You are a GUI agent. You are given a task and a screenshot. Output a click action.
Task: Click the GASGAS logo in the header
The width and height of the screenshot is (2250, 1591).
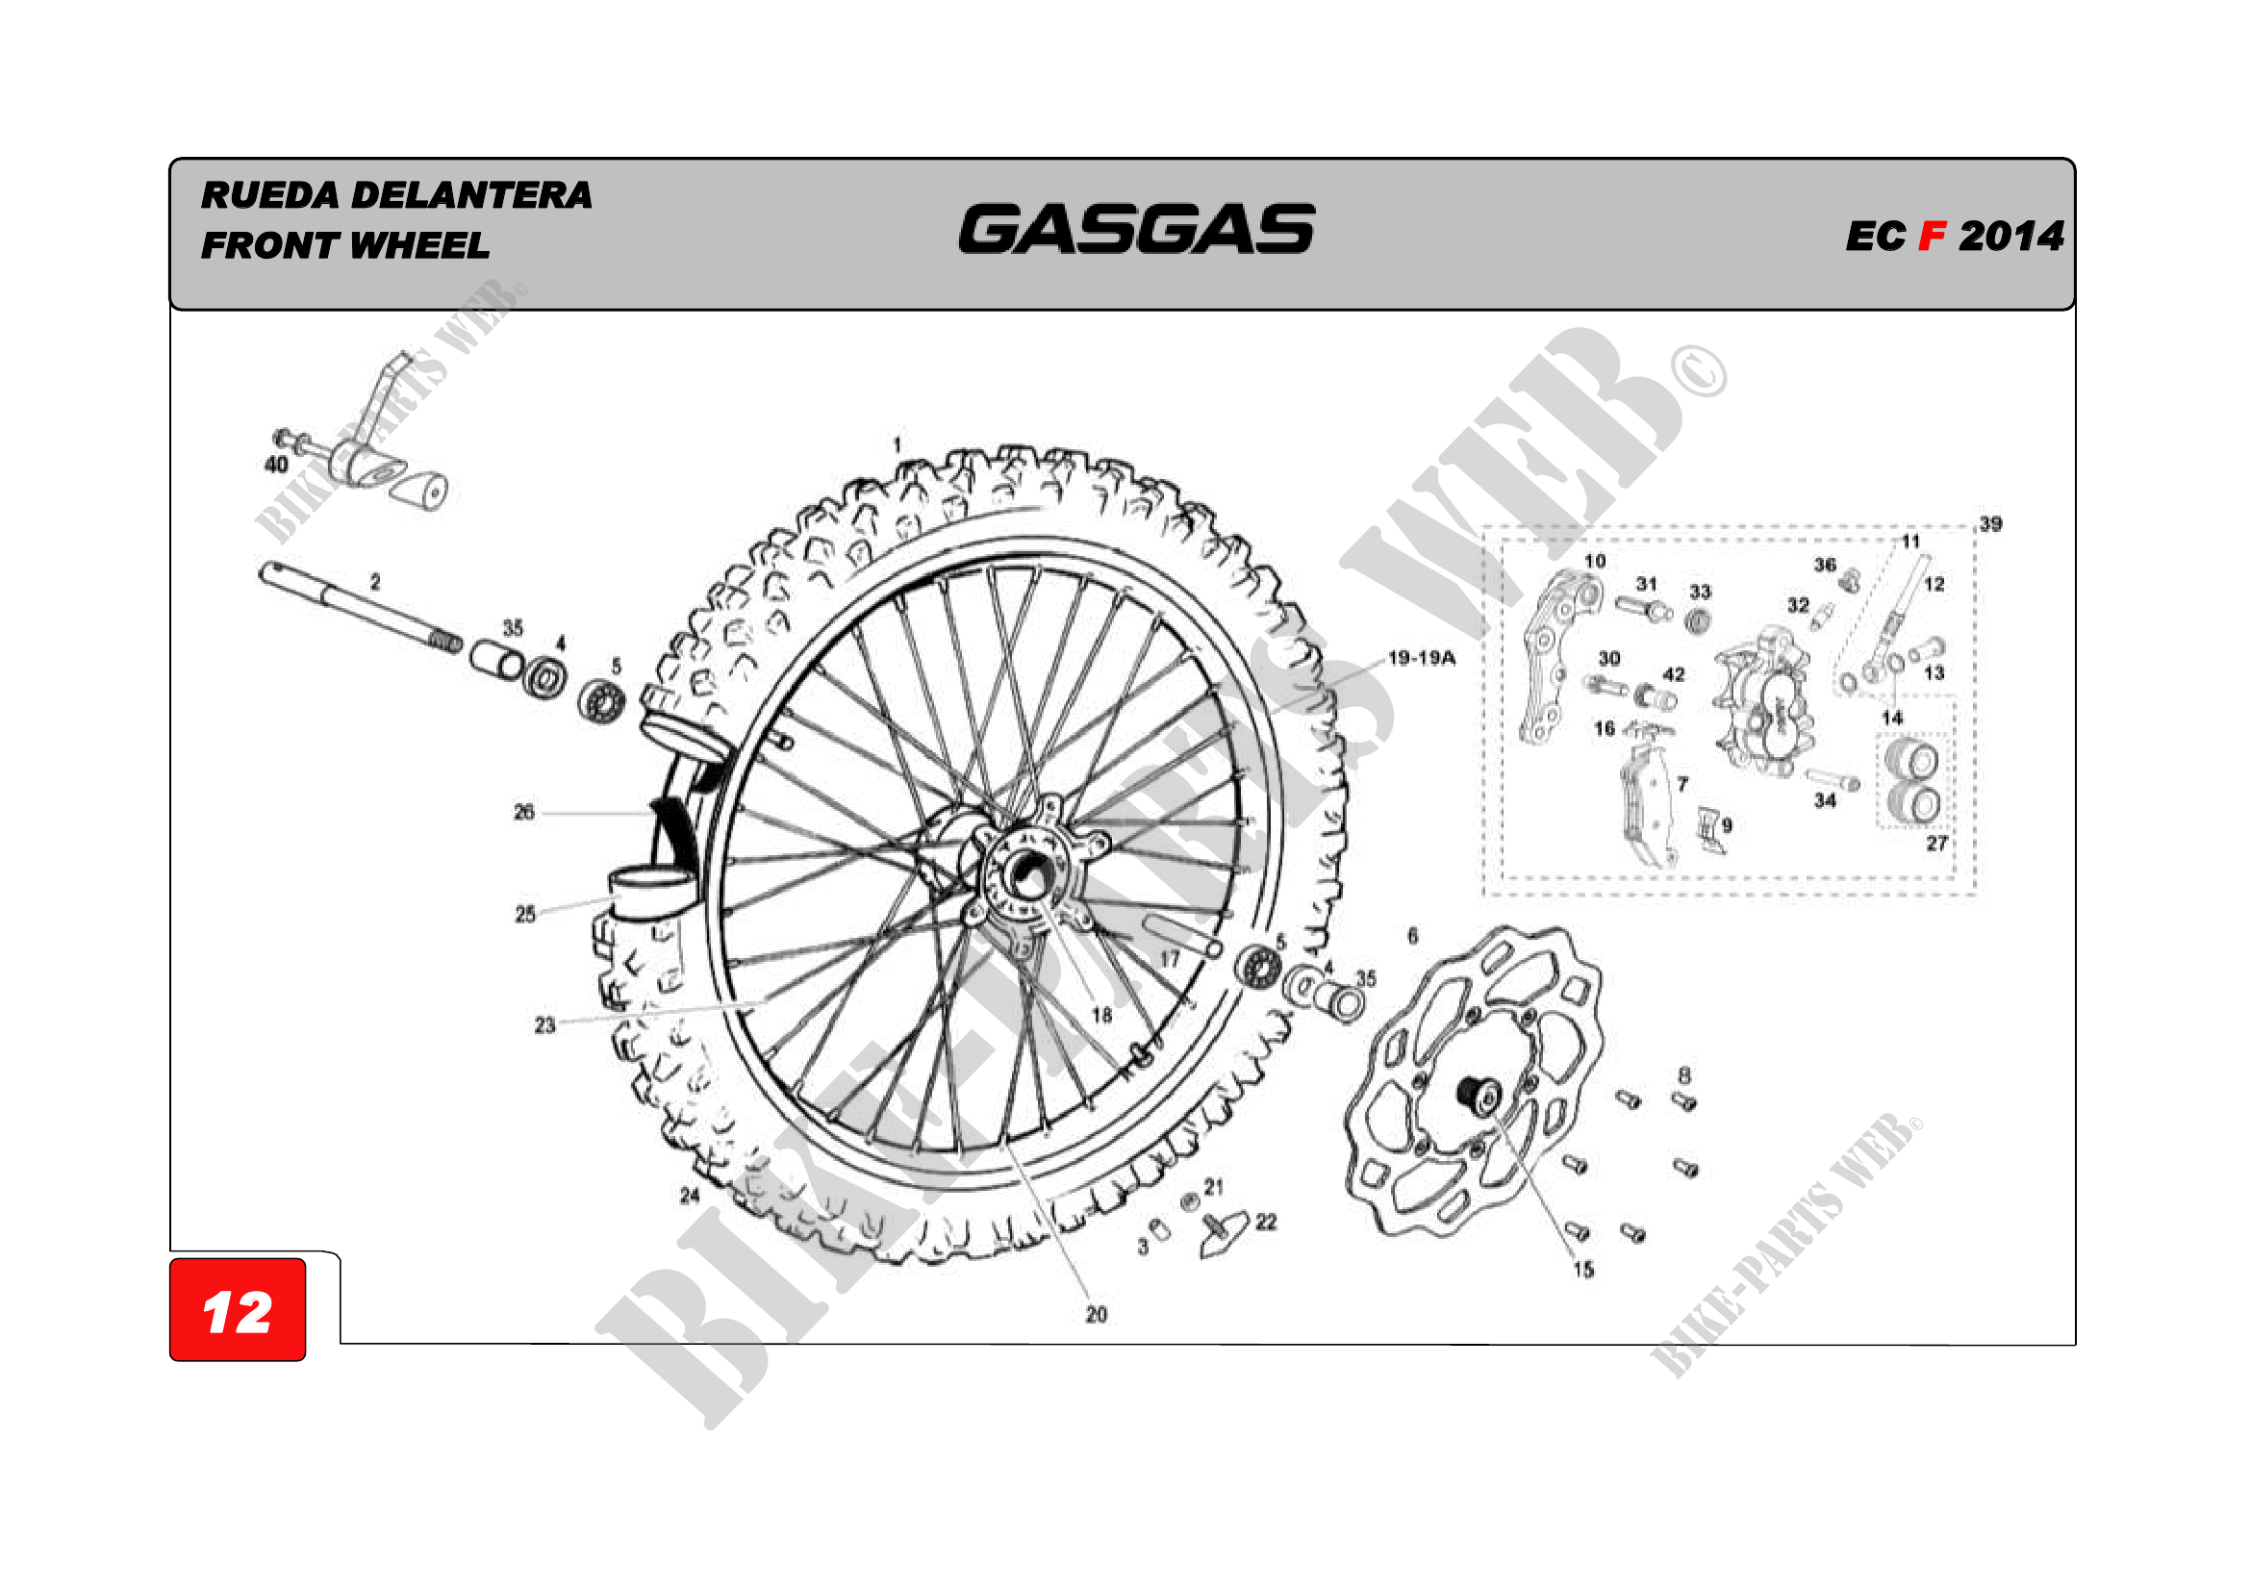click(1136, 229)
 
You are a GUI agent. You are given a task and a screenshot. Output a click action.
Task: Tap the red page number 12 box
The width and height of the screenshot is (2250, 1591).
click(238, 1311)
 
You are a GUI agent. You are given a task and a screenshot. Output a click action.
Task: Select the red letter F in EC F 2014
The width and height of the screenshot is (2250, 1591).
click(1932, 236)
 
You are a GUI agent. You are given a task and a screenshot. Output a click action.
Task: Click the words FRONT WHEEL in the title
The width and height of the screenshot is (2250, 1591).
click(345, 245)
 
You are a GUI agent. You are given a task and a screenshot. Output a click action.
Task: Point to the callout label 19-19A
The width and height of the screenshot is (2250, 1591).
click(1421, 658)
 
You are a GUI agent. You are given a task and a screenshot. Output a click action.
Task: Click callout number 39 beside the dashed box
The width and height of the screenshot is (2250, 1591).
click(1990, 524)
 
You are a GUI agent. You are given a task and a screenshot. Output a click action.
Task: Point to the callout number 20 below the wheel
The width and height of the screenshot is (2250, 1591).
click(1097, 1315)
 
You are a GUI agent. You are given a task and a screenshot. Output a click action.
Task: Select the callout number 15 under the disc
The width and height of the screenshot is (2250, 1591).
click(1583, 1270)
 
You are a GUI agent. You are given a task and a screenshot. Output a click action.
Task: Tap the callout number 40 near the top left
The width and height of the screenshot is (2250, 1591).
click(276, 465)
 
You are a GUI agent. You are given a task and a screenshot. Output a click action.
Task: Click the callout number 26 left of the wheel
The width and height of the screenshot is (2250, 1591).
click(524, 812)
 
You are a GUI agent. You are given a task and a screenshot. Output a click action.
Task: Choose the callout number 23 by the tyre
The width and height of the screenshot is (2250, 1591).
click(544, 1025)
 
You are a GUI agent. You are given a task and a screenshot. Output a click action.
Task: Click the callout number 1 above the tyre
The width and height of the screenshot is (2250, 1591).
click(897, 444)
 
